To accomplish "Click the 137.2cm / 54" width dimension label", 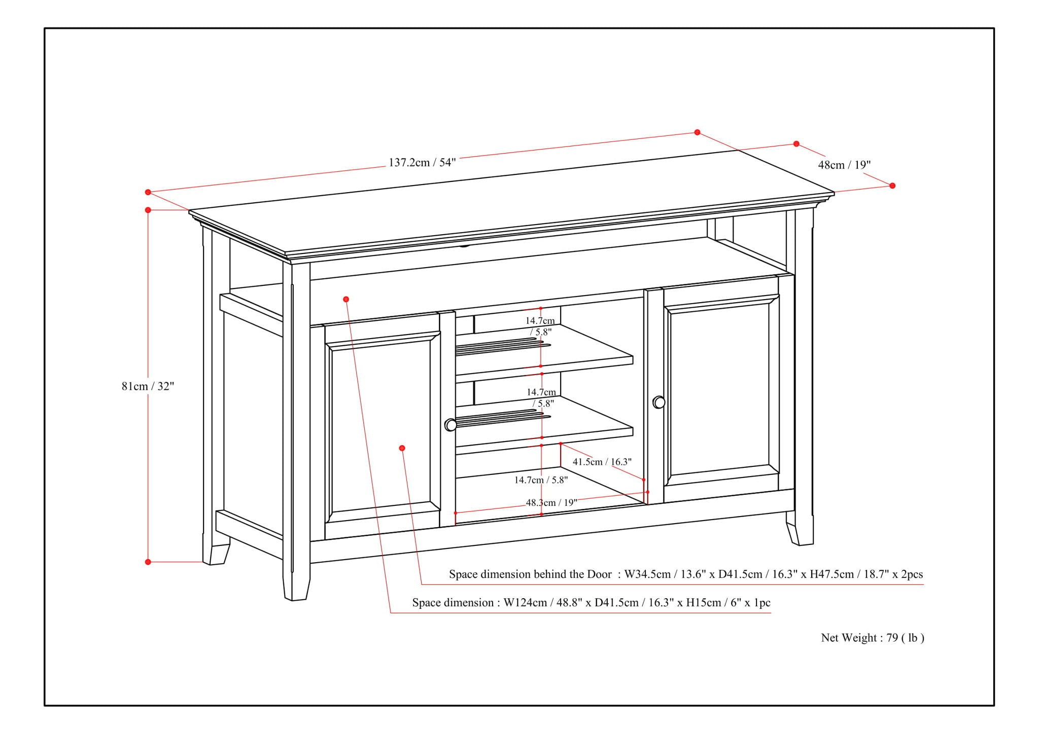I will (422, 162).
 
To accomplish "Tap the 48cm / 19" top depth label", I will (844, 165).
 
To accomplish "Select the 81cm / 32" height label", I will (148, 386).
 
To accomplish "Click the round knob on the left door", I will (451, 425).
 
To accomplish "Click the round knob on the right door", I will (659, 402).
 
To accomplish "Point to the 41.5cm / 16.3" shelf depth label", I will (602, 462).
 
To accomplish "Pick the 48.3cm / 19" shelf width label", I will (551, 502).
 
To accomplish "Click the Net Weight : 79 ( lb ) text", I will (873, 638).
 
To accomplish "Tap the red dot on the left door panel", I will (402, 448).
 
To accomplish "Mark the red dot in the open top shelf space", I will (346, 299).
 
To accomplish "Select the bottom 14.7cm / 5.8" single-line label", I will (541, 480).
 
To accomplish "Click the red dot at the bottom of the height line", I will (148, 562).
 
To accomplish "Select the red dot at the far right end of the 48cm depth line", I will (892, 186).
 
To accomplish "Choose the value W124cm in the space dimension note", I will (525, 603).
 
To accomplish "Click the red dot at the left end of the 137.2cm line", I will (148, 192).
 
